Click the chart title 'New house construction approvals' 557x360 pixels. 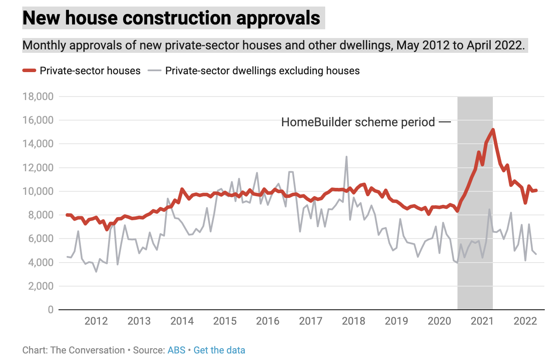[x=171, y=18]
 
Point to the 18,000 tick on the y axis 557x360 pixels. [x=38, y=97]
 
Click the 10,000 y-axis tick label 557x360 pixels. [x=38, y=191]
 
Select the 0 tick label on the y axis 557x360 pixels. [x=50, y=310]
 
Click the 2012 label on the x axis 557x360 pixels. [x=96, y=322]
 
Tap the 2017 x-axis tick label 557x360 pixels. [x=310, y=322]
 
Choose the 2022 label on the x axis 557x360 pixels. [x=525, y=322]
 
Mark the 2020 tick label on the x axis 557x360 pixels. [x=439, y=322]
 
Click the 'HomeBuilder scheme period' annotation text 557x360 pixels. [x=358, y=122]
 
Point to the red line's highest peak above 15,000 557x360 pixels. [x=492, y=130]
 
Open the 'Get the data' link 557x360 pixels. [x=219, y=350]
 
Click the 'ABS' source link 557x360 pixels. [x=176, y=350]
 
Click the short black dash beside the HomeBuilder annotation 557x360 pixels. [x=444, y=122]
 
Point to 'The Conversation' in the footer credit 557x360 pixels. [x=88, y=350]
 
